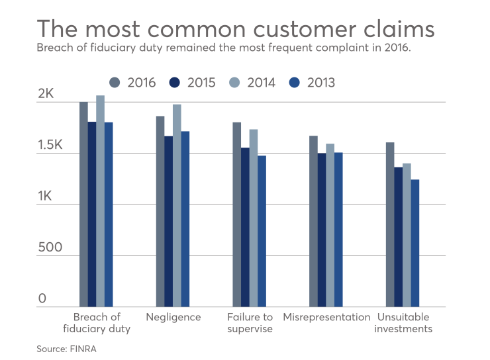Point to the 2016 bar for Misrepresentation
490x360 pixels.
[x=314, y=221]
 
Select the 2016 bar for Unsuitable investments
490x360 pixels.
[x=390, y=224]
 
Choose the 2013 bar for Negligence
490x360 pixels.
[x=185, y=218]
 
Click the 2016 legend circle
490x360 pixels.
[x=115, y=83]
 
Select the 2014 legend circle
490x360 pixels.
[x=235, y=83]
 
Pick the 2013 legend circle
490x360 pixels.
[x=295, y=83]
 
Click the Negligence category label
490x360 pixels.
[x=173, y=317]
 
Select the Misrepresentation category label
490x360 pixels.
[x=326, y=317]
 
